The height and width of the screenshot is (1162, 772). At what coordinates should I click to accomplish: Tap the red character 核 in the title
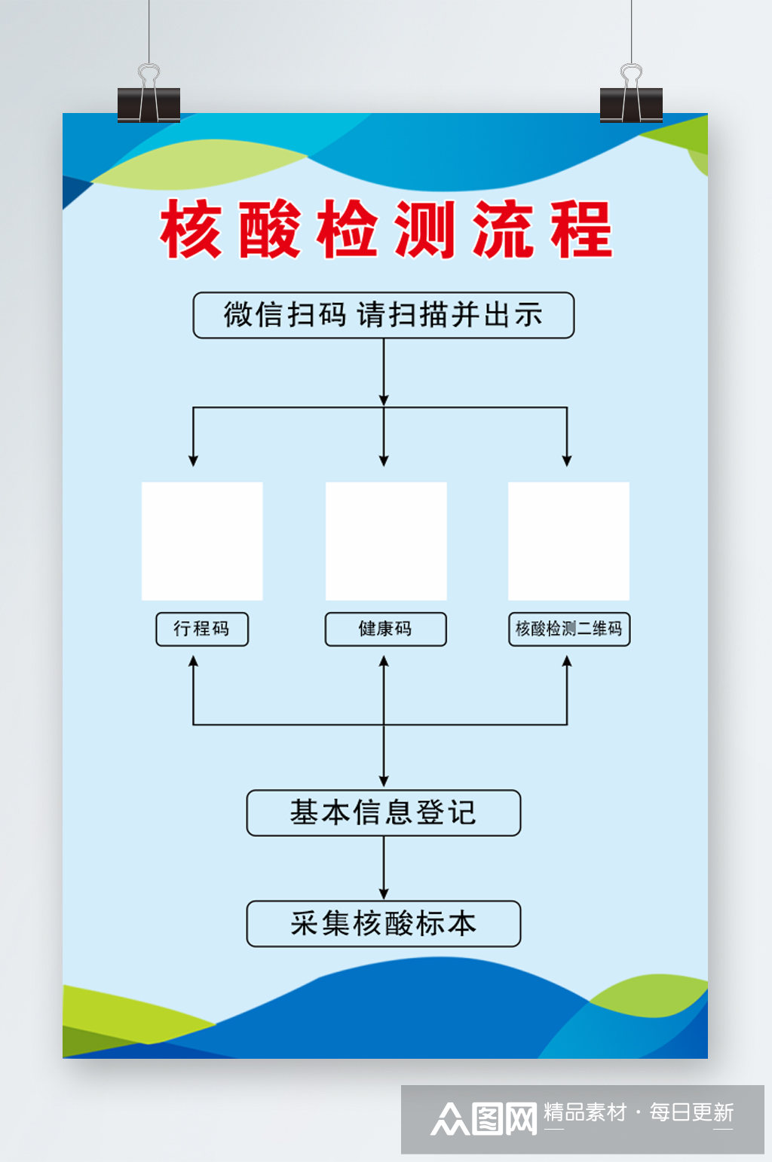click(191, 229)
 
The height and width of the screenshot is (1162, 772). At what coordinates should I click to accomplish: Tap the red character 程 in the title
click(581, 229)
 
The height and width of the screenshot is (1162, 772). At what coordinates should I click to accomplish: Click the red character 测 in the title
click(425, 229)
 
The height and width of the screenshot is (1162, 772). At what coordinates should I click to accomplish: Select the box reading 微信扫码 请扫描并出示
click(383, 315)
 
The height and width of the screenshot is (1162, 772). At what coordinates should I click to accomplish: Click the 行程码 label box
click(201, 628)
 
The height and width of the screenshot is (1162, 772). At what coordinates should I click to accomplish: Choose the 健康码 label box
click(385, 628)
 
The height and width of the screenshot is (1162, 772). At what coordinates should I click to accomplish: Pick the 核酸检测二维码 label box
click(568, 628)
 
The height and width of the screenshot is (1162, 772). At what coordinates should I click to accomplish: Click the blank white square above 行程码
click(202, 541)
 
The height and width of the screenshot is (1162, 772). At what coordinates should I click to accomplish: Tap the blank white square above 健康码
click(386, 541)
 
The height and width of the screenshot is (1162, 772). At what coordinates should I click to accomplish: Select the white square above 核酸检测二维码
click(568, 541)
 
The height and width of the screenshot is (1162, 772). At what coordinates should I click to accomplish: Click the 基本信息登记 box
click(383, 812)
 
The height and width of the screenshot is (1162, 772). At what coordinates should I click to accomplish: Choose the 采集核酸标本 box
click(383, 923)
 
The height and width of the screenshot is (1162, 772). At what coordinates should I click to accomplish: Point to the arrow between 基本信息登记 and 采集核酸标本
click(384, 868)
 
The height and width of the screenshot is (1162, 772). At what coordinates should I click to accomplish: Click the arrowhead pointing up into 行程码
click(194, 661)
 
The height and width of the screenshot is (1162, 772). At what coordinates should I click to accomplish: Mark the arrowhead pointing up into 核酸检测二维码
click(567, 661)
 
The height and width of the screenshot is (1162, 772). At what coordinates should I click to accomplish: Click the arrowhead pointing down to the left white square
click(194, 460)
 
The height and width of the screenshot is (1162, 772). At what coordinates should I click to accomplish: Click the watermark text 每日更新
click(691, 1112)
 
